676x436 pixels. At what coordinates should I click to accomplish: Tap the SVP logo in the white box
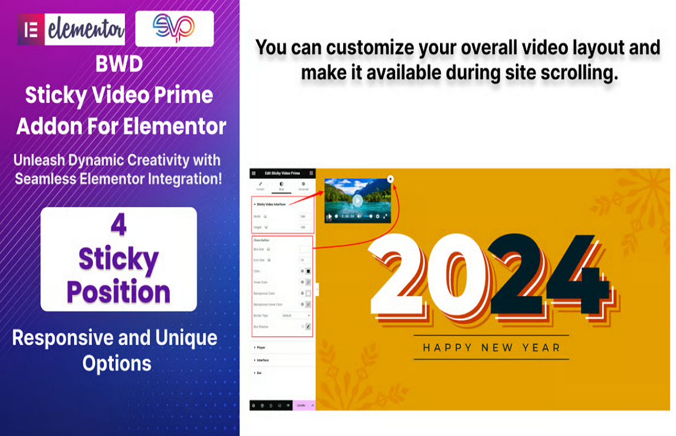[174, 28]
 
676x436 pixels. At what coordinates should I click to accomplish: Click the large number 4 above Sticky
[119, 227]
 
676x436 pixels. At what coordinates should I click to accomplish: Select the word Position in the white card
[119, 292]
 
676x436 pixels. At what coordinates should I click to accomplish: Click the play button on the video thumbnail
[357, 200]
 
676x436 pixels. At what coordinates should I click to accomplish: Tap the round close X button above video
[390, 179]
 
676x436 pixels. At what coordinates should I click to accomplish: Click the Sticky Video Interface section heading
[271, 204]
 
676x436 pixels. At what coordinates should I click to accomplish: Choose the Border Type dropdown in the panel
[296, 315]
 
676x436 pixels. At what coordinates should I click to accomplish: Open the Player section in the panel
[260, 347]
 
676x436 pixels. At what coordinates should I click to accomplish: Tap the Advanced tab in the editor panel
[303, 186]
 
